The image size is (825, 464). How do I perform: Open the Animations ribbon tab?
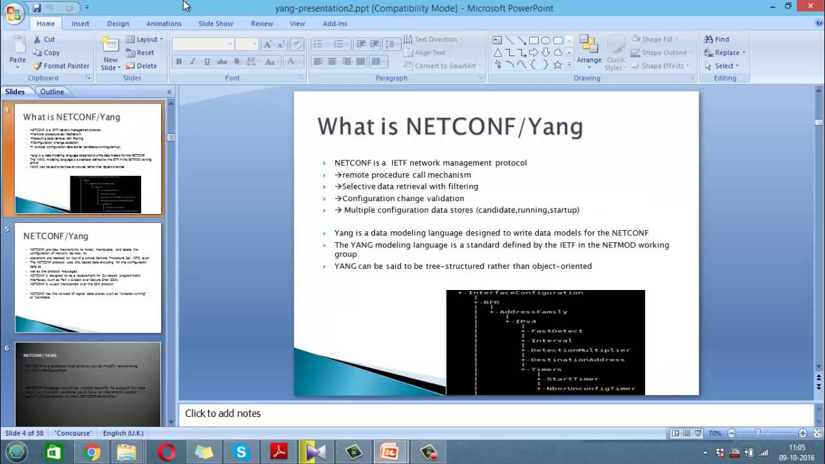[164, 23]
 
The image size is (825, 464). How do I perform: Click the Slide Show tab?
[215, 23]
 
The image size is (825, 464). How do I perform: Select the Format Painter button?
[62, 66]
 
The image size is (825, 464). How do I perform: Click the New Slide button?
[110, 55]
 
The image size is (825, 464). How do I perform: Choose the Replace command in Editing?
[726, 53]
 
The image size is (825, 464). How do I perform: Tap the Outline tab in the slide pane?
[52, 92]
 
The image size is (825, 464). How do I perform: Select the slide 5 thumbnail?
[88, 278]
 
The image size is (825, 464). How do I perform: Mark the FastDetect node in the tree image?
[556, 331]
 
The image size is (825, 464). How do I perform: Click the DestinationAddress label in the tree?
[577, 360]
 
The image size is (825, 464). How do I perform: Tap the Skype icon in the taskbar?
[241, 452]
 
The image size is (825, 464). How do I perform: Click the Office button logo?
[14, 14]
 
